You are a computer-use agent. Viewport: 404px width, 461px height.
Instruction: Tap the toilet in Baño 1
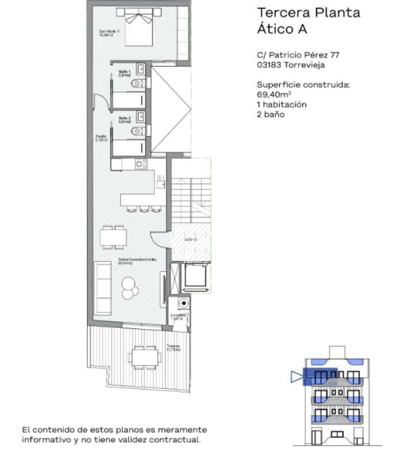pyautogui.click(x=136, y=84)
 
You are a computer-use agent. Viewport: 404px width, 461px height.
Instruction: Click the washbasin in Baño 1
pyautogui.click(x=140, y=67)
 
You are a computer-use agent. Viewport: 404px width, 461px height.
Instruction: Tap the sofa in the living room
pyautogui.click(x=104, y=287)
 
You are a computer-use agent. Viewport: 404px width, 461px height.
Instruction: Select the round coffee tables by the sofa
pyautogui.click(x=129, y=286)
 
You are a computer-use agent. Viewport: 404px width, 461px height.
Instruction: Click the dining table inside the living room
pyautogui.click(x=113, y=237)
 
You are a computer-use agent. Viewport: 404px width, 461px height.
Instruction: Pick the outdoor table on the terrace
pyautogui.click(x=143, y=357)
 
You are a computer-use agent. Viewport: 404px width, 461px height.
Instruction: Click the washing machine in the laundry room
pyautogui.click(x=182, y=303)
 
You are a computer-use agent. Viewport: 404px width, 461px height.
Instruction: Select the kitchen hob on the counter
pyautogui.click(x=140, y=164)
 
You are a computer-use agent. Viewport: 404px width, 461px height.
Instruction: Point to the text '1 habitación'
pyautogui.click(x=281, y=105)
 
